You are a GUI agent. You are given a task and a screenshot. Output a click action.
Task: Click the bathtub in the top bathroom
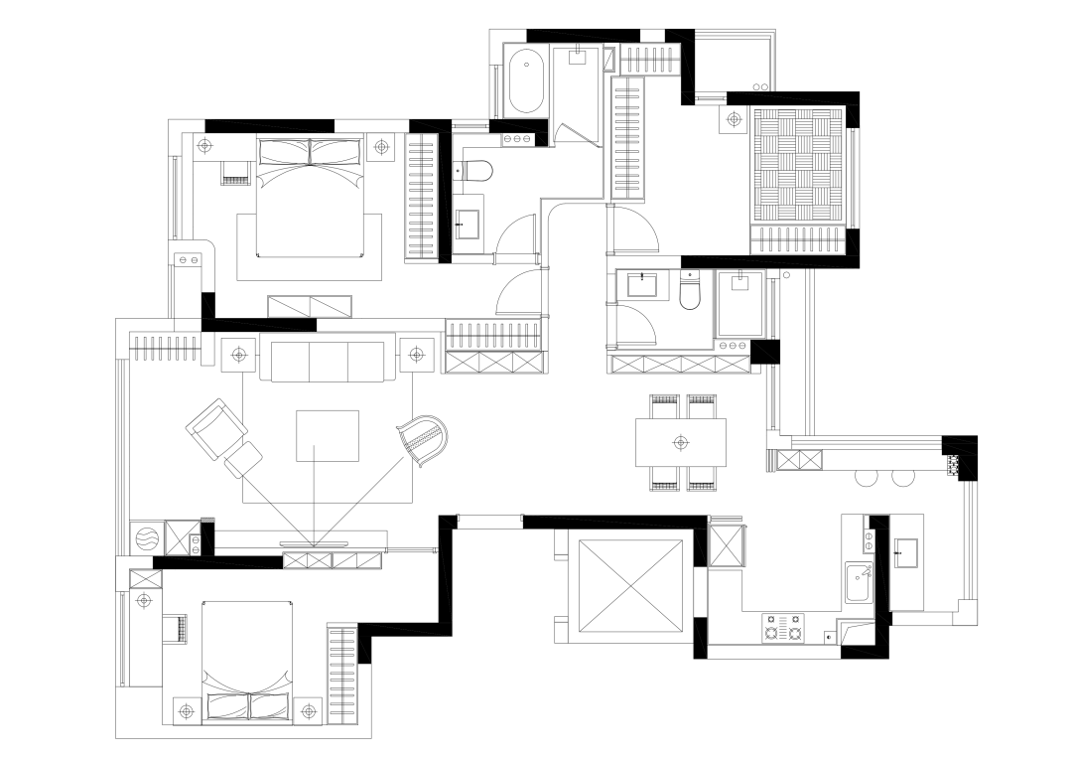click(526, 80)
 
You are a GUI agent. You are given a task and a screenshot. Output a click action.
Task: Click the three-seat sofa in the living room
click(324, 361)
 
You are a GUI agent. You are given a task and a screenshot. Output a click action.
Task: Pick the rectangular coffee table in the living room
click(328, 435)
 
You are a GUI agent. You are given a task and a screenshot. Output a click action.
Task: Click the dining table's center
click(680, 441)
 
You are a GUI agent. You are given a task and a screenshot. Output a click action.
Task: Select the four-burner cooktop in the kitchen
click(782, 628)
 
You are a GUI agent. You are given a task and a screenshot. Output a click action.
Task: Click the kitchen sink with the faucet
click(859, 581)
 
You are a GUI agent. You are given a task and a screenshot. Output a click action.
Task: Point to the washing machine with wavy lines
click(146, 537)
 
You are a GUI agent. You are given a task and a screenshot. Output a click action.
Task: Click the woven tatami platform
click(798, 165)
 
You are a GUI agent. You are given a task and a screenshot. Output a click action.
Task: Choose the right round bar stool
click(901, 478)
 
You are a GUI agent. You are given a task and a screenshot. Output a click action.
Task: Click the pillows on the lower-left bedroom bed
click(250, 706)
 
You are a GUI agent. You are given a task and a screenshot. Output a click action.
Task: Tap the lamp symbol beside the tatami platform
click(734, 120)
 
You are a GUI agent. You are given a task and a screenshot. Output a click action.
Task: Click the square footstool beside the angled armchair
click(243, 461)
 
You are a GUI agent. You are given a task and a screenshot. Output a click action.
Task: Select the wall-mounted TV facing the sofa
click(314, 543)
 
